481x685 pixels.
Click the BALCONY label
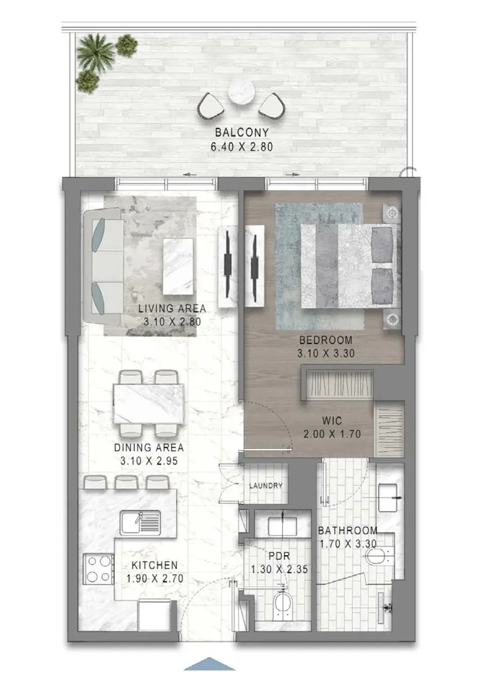tap(242, 133)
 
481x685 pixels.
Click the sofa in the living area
tap(102, 266)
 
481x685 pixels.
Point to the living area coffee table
tap(178, 266)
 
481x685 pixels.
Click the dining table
tap(149, 404)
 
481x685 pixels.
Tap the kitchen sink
tap(140, 523)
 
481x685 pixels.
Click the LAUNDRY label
tap(266, 486)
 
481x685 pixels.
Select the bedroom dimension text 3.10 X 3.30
tap(326, 354)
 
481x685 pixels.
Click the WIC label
tap(332, 421)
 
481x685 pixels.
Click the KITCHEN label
tap(155, 565)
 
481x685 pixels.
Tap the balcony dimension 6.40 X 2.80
tap(242, 147)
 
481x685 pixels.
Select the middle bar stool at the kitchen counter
tap(127, 482)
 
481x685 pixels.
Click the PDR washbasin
tap(283, 525)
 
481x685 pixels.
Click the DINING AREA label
tap(149, 447)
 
